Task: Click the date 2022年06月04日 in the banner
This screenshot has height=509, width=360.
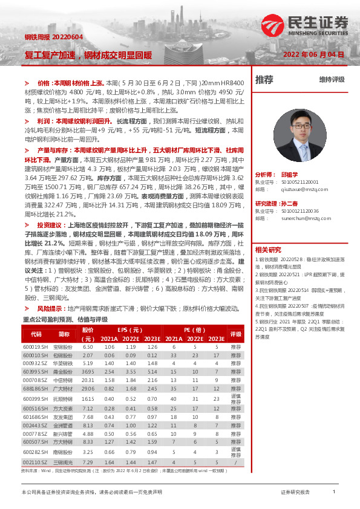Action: (x=314, y=54)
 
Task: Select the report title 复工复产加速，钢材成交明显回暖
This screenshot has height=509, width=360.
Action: (x=88, y=54)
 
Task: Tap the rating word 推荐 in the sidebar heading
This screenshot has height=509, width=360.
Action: (x=264, y=79)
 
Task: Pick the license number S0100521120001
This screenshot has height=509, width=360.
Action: (x=295, y=181)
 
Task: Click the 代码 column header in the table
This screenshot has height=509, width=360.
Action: (x=36, y=334)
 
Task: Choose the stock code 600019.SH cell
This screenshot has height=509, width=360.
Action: (x=35, y=347)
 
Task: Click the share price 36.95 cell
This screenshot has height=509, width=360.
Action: (x=88, y=371)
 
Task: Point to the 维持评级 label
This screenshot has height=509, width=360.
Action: (x=332, y=80)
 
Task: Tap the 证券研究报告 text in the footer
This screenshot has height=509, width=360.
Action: (x=296, y=493)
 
